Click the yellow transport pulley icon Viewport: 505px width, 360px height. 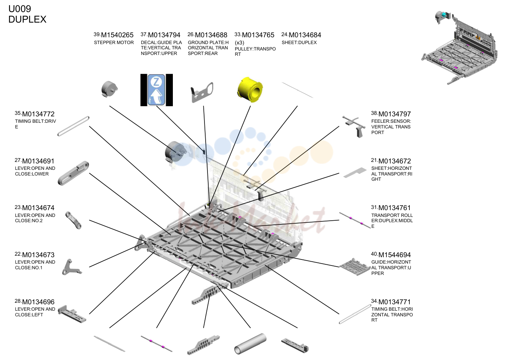(x=250, y=90)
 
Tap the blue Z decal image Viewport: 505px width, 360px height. (x=156, y=90)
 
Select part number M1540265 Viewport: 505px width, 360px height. (x=117, y=35)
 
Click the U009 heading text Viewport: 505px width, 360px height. (x=20, y=9)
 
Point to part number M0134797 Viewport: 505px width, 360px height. (x=395, y=114)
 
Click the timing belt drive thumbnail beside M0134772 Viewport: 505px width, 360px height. (x=73, y=126)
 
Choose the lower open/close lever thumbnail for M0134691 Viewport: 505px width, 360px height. (x=73, y=173)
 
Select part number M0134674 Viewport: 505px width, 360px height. (x=38, y=207)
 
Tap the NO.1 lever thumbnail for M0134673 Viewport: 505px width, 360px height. (x=72, y=267)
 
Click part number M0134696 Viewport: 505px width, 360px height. (x=38, y=302)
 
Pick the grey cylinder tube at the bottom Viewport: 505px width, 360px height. (x=250, y=344)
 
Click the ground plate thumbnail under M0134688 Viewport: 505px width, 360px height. (x=202, y=92)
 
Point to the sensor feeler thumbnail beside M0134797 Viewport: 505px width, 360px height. (x=354, y=127)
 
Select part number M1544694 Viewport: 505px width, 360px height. (x=395, y=255)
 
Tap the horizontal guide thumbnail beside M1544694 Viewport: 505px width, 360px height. (x=355, y=267)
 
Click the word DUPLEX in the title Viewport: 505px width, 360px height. (x=27, y=19)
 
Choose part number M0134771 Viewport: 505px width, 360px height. (x=395, y=302)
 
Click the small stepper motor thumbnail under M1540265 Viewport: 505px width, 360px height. (x=109, y=89)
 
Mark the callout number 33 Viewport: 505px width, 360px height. (x=238, y=34)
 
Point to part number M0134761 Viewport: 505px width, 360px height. (x=395, y=207)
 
